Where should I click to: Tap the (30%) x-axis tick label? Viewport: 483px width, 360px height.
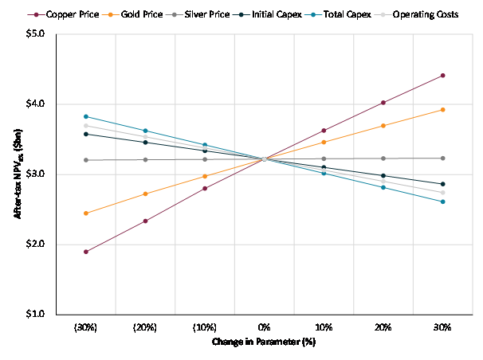pyautogui.click(x=86, y=327)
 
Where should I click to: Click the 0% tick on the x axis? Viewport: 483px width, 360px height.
pyautogui.click(x=265, y=327)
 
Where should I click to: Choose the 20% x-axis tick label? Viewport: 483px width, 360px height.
pyautogui.click(x=383, y=327)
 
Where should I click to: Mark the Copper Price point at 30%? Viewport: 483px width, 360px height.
pyautogui.click(x=442, y=76)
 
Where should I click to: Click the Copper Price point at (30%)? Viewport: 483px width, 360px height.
pyautogui.click(x=86, y=252)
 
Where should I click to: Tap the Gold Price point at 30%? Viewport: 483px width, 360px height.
pyautogui.click(x=442, y=110)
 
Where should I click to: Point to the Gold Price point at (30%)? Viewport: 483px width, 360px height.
pyautogui.click(x=86, y=213)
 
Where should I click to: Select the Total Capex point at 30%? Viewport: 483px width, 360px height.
pyautogui.click(x=442, y=202)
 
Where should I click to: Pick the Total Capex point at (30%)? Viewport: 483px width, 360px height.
pyautogui.click(x=86, y=116)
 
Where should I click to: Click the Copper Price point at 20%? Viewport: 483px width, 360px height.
pyautogui.click(x=383, y=103)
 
